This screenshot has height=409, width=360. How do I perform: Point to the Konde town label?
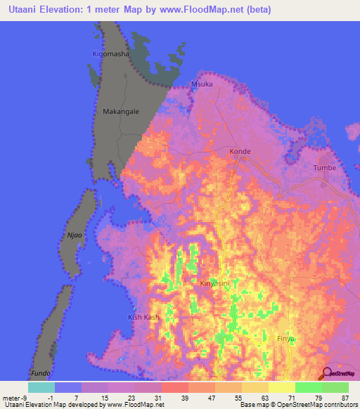(240, 151)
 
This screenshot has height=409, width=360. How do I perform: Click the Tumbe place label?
(324, 168)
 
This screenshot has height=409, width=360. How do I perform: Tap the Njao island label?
(74, 236)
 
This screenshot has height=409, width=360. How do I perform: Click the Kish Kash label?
(143, 318)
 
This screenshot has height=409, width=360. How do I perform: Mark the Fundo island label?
(41, 372)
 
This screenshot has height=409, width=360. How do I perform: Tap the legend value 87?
(345, 397)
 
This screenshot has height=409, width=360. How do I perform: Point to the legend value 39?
(184, 397)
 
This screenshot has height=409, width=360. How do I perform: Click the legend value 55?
(238, 397)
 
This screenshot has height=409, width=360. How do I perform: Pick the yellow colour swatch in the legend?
(282, 387)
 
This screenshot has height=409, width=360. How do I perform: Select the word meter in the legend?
(13, 397)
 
